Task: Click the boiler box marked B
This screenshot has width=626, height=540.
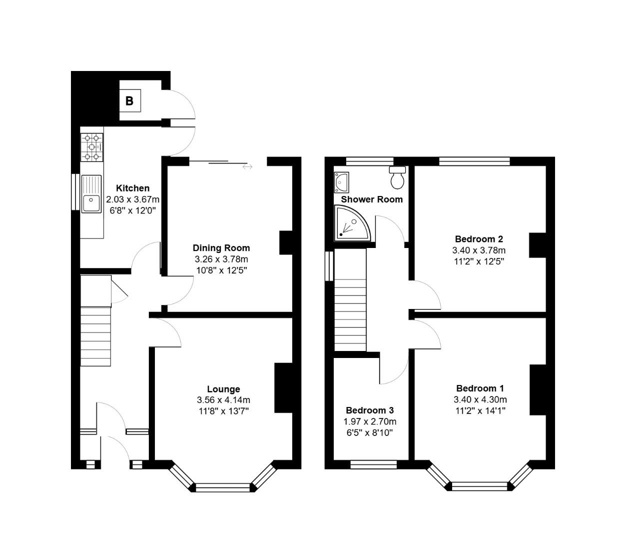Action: click(x=129, y=101)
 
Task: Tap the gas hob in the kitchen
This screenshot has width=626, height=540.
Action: click(x=92, y=147)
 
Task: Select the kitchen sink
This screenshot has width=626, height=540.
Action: click(x=91, y=194)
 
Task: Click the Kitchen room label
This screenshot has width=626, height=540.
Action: click(x=132, y=188)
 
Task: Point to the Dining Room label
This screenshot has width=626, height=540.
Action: click(x=221, y=248)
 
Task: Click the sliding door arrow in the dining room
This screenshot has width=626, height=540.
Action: click(x=247, y=166)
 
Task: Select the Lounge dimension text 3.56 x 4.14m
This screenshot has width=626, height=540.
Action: click(x=223, y=400)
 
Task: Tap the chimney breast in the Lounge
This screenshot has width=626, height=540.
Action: click(x=283, y=388)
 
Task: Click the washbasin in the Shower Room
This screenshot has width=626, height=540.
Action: click(x=342, y=182)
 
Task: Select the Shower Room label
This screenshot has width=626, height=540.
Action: click(x=372, y=199)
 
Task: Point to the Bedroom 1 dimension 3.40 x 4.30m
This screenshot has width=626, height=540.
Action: click(x=480, y=399)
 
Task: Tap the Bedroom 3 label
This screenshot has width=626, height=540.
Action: click(x=370, y=410)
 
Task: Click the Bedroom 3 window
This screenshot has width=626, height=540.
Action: click(x=373, y=464)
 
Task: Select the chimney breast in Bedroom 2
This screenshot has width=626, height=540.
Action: click(x=538, y=245)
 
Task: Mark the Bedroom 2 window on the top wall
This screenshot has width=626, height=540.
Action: click(x=474, y=161)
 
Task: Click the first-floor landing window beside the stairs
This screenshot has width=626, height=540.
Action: click(x=329, y=266)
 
